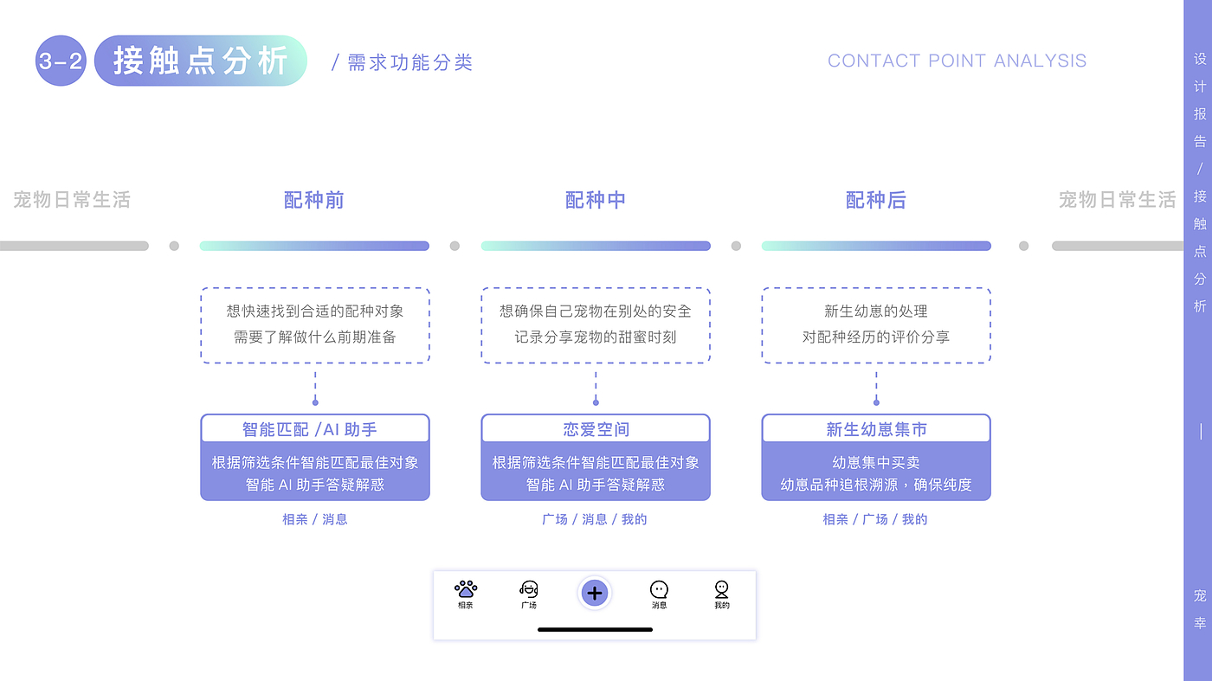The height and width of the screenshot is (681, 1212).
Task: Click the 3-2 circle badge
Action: pos(61,61)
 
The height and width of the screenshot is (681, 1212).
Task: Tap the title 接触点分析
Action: pos(200,61)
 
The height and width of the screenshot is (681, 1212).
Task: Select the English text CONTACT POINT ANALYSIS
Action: pos(957,61)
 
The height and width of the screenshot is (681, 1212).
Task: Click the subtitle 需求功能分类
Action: pos(409,62)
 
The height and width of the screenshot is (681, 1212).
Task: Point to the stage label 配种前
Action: pos(314,200)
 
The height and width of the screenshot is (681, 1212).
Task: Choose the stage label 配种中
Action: pos(596,200)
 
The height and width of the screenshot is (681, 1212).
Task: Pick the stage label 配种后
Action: pos(876,200)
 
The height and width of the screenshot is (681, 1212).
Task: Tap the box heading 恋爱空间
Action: pos(596,429)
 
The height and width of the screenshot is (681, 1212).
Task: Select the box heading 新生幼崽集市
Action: pos(876,429)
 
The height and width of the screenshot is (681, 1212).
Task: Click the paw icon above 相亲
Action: pos(466,589)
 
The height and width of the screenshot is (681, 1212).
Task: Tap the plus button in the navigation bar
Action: pos(595,593)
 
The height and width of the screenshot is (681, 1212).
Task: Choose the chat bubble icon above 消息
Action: pos(660,589)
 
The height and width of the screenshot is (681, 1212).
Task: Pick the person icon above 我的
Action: pos(722,589)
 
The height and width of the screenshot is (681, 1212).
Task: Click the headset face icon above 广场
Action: pos(529,589)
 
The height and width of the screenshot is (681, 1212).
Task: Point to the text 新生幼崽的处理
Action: pos(876,312)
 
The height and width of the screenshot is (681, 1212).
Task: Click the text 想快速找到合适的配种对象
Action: pos(315,312)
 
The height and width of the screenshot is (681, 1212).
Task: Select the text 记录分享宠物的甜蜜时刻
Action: pos(596,337)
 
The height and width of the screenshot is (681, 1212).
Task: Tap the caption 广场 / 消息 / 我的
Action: pos(595,519)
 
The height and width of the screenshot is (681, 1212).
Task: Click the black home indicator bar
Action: pos(595,629)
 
